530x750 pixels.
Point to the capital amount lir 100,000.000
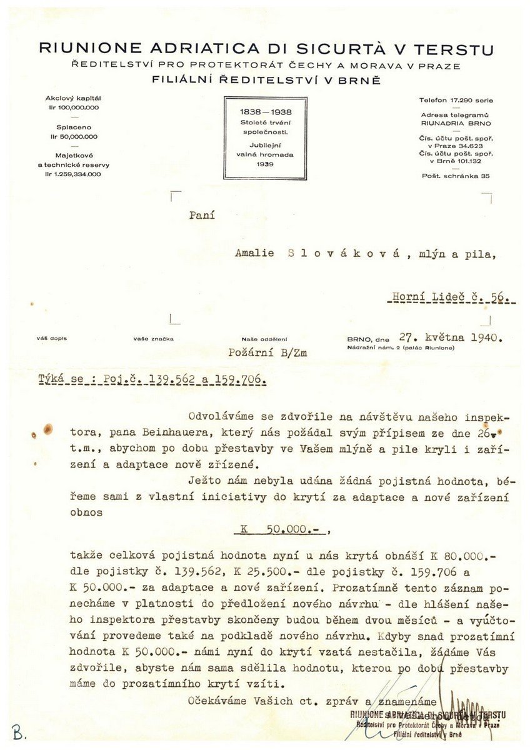(x=73, y=107)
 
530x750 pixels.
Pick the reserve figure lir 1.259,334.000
(x=73, y=174)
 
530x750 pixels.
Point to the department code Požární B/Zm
(x=267, y=353)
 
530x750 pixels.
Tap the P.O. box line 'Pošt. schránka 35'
(x=456, y=176)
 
